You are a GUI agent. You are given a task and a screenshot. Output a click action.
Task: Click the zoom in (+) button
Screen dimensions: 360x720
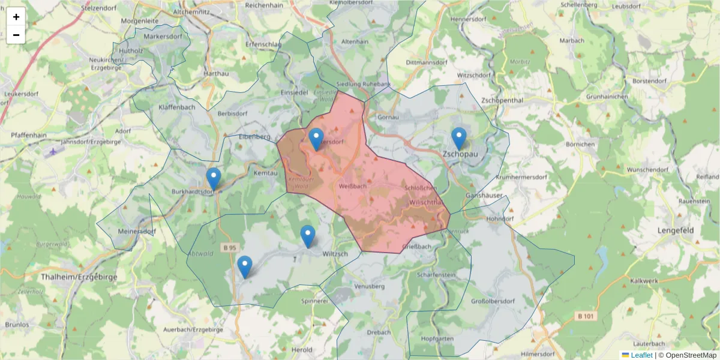(16, 17)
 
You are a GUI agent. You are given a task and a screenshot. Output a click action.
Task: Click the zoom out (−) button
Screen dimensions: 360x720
(16, 35)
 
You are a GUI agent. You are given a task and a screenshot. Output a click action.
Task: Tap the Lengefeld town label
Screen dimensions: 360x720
(676, 230)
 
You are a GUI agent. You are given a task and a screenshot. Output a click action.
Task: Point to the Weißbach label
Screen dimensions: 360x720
(353, 187)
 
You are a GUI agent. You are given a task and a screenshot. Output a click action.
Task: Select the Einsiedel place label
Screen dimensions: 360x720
(295, 93)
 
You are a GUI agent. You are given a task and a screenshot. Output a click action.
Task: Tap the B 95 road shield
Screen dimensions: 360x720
(229, 247)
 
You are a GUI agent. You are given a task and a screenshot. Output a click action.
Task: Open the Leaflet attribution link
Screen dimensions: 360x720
(641, 355)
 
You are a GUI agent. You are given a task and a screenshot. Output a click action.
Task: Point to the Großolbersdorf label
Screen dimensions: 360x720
(493, 301)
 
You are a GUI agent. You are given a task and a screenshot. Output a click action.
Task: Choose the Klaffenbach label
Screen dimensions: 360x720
(177, 107)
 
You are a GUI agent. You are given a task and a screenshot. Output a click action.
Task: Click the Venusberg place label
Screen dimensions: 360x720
(369, 286)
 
